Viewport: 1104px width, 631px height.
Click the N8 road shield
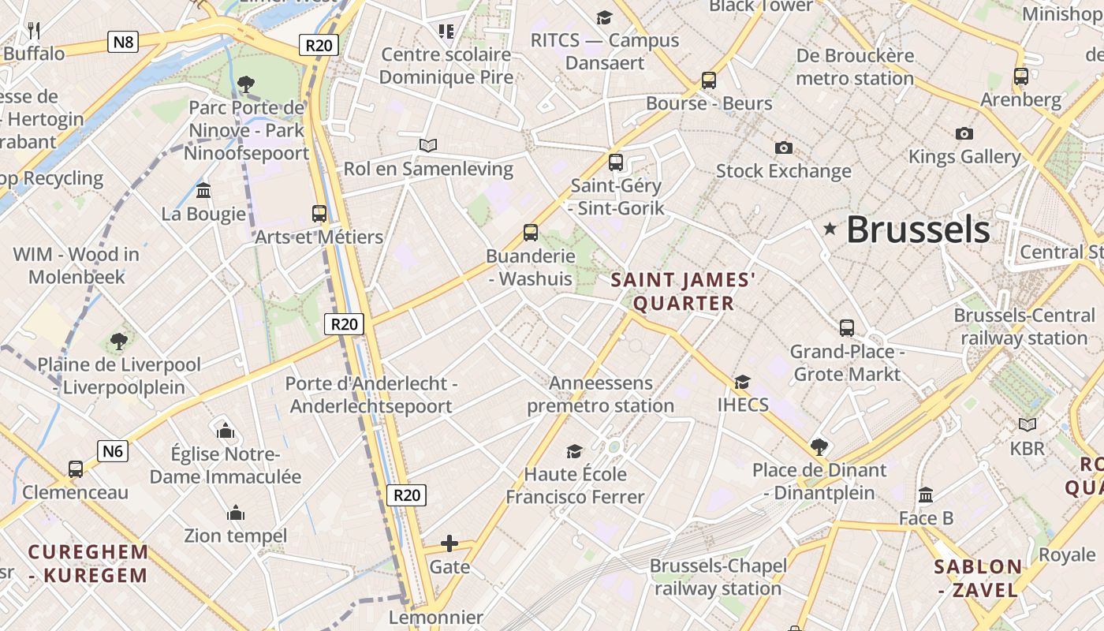[x=123, y=42]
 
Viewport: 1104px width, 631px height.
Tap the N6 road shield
[x=113, y=451]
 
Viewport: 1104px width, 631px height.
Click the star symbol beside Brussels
[x=830, y=229]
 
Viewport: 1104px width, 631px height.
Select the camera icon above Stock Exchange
[x=783, y=147]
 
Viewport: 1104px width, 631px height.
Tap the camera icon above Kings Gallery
[x=964, y=133]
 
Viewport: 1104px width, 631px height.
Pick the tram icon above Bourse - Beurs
[x=708, y=80]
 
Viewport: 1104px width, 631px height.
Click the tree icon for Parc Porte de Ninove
[x=246, y=84]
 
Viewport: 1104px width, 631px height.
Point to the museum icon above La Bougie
[x=203, y=191]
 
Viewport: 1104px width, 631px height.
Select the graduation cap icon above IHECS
[x=742, y=383]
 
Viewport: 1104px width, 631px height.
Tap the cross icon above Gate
[x=449, y=543]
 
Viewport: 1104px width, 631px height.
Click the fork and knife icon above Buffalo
[x=33, y=31]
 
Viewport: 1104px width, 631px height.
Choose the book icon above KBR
[x=1027, y=425]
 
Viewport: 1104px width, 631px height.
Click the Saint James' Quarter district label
[x=684, y=291]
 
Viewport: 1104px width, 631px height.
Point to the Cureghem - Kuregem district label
[x=88, y=563]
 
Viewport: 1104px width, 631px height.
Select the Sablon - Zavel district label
[x=978, y=578]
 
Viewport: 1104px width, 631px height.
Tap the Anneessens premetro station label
[x=601, y=394]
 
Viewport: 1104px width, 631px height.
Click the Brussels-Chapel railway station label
[x=718, y=577]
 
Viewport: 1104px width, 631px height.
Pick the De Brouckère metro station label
[x=855, y=67]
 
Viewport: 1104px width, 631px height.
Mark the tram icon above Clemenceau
[x=76, y=469]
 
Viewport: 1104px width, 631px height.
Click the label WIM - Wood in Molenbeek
[x=76, y=265]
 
